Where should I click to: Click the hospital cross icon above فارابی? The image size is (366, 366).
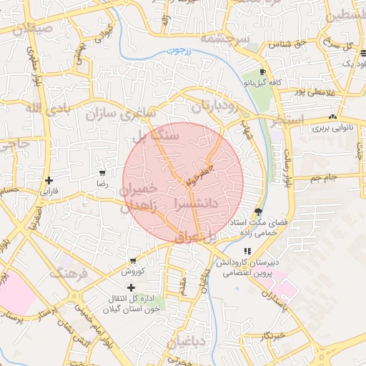[49, 181]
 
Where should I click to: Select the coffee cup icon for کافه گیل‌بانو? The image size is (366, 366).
[263, 72]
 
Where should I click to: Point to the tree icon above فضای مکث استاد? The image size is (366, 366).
[257, 212]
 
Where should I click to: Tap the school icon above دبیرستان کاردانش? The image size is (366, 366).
[247, 251]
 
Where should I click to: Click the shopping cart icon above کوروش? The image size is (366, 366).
[133, 261]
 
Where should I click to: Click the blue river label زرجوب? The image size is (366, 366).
[175, 51]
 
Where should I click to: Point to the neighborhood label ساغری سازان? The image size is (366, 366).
[121, 112]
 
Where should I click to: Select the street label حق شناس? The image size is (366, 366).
[288, 44]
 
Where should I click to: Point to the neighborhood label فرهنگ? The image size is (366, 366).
[69, 273]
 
